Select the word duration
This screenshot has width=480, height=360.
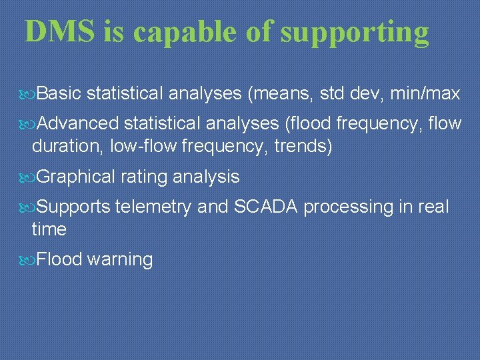tap(63, 146)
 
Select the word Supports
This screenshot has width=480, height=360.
tap(73, 207)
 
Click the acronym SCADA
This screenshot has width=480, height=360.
tap(266, 207)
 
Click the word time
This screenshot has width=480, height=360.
tap(49, 229)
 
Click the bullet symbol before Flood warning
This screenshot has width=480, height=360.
tap(29, 259)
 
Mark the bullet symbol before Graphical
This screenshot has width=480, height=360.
tap(29, 177)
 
